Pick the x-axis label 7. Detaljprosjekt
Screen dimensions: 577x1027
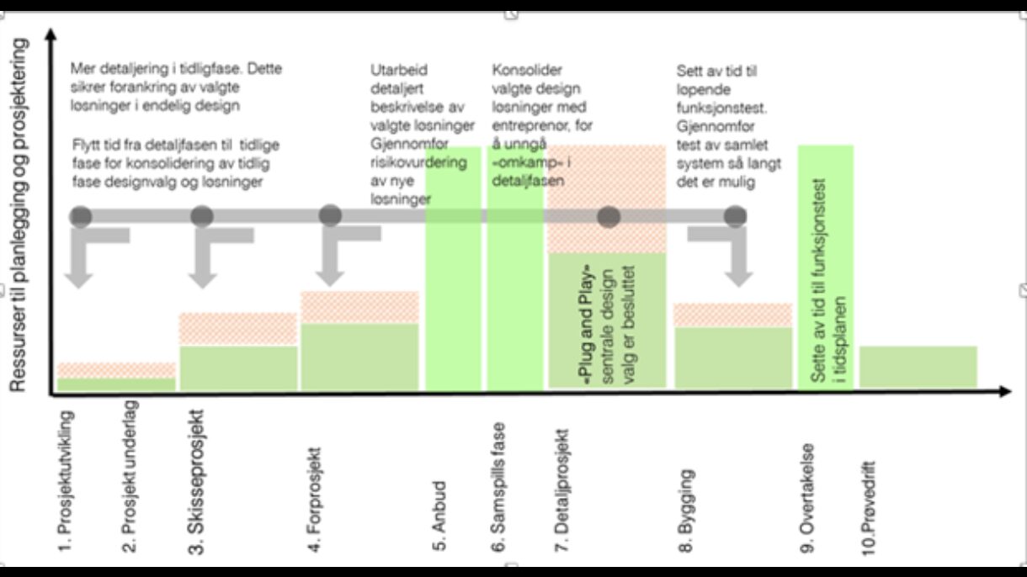563,491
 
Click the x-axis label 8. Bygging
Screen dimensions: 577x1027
687,511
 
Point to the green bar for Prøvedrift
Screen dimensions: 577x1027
918,367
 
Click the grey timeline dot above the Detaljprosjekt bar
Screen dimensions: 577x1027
609,217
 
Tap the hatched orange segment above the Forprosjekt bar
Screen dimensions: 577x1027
359,307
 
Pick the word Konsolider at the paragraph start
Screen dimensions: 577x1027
527,71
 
